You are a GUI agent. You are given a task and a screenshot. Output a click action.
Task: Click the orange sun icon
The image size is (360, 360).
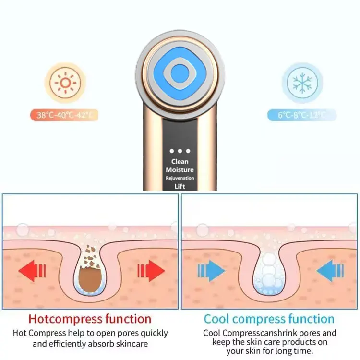tap(65, 83)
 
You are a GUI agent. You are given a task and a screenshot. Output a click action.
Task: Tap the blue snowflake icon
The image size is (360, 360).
tap(302, 83)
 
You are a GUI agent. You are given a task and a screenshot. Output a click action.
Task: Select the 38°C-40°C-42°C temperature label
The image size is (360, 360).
tap(64, 115)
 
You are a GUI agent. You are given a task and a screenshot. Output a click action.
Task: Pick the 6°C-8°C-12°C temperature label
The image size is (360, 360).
tap(302, 115)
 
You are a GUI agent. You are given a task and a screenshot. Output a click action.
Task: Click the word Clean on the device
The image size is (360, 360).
tap(180, 162)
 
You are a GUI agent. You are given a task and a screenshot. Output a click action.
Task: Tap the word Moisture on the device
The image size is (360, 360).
tap(180, 170)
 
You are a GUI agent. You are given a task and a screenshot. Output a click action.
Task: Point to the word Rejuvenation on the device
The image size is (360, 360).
tap(180, 178)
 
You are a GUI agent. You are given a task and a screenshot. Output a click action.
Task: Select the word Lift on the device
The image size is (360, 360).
tap(180, 186)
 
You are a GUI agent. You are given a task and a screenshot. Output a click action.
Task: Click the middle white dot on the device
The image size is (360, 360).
tap(180, 151)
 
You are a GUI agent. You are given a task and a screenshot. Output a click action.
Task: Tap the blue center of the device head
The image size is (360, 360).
tap(180, 74)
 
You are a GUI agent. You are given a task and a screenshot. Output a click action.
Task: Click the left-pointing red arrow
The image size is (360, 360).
tap(32, 271)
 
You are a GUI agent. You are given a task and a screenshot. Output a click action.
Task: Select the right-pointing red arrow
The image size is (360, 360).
tap(151, 271)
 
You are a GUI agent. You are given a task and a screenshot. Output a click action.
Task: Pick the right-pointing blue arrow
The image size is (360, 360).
tap(211, 271)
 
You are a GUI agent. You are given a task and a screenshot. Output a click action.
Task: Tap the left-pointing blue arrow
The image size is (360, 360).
tap(330, 271)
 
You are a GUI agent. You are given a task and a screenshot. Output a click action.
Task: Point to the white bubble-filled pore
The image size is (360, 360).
tap(269, 273)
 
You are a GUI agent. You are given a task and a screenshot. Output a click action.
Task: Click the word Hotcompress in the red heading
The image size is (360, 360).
tap(65, 319)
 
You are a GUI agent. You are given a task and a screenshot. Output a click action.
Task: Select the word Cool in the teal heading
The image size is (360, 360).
tap(217, 319)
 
